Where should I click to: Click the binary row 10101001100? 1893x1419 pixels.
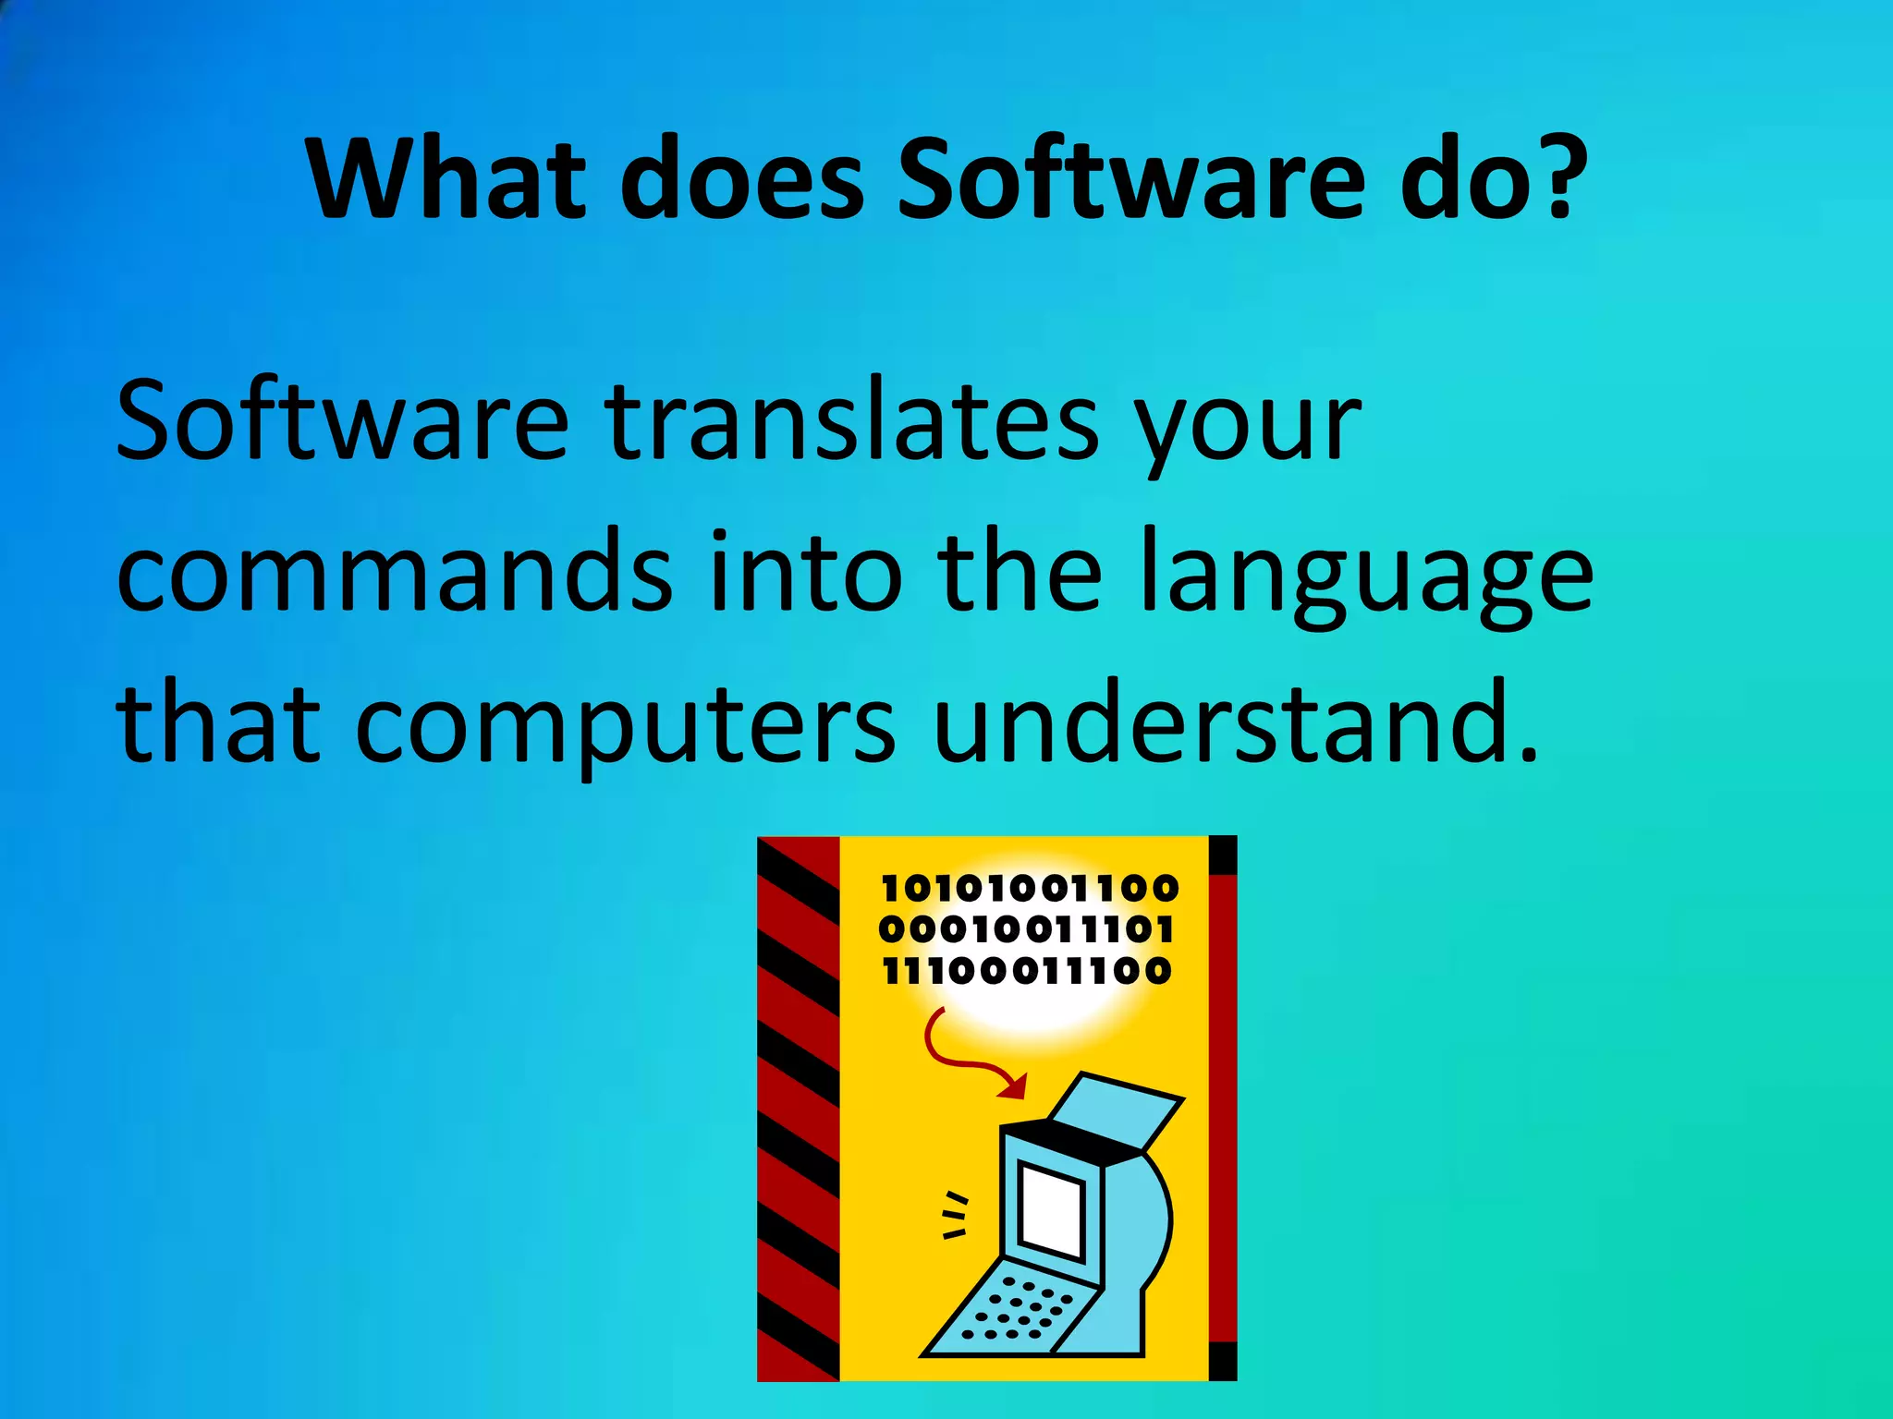coord(1030,889)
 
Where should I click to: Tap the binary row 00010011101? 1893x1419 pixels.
coord(1026,929)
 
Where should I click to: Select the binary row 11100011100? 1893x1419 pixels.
coord(1026,971)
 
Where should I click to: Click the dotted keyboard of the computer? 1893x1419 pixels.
coord(1018,1308)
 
